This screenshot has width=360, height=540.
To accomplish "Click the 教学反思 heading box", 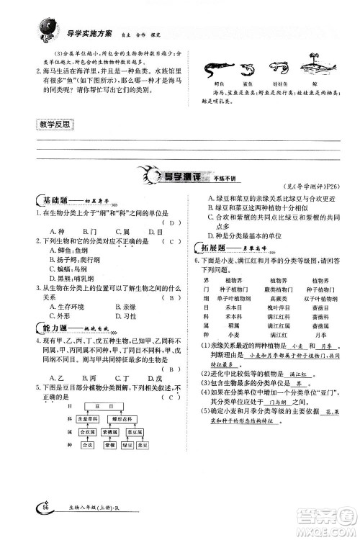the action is pyautogui.click(x=54, y=125).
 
